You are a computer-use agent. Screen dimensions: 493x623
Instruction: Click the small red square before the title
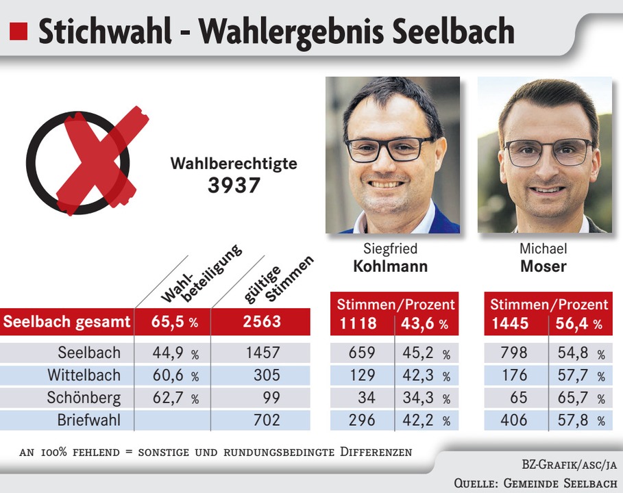point(19,31)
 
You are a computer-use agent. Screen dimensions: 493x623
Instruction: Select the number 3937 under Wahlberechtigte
point(234,185)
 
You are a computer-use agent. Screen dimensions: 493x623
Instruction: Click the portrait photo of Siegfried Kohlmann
point(392,155)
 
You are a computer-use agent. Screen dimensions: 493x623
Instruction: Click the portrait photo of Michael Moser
point(545,155)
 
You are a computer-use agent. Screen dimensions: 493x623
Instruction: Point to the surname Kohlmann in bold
point(390,266)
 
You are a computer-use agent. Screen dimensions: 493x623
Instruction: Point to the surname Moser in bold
point(543,266)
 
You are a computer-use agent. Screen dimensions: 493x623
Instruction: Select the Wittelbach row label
point(84,375)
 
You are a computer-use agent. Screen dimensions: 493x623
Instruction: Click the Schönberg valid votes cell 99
point(271,398)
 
